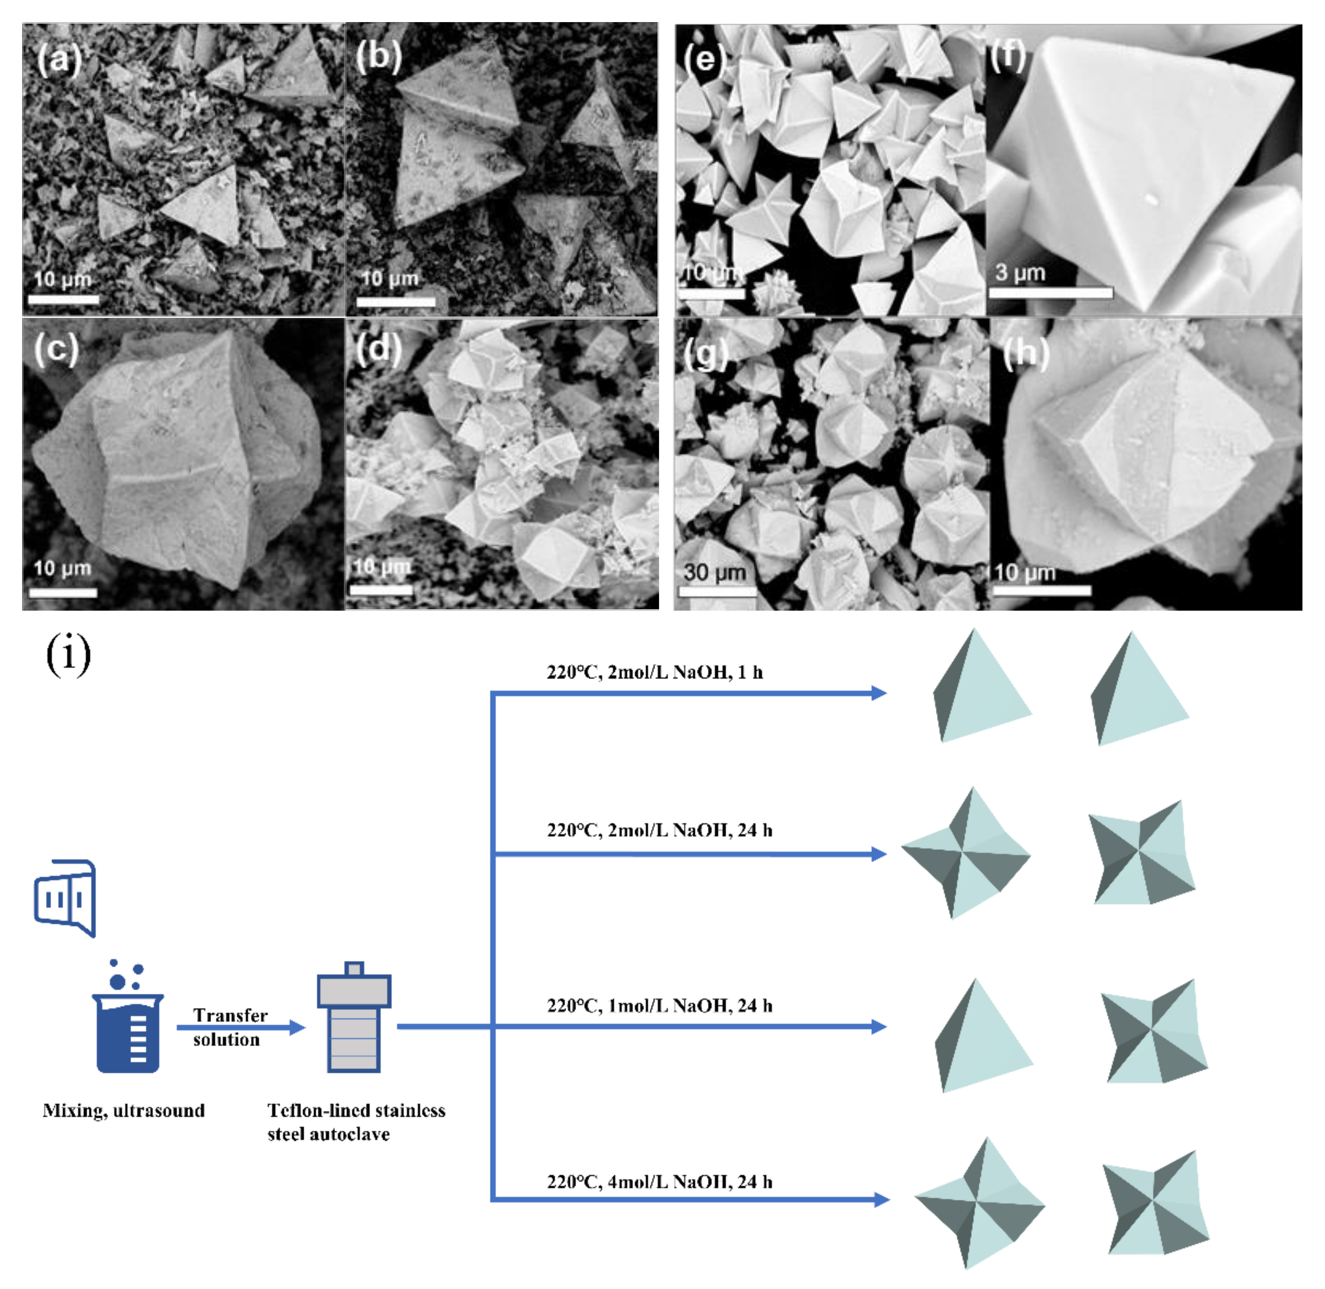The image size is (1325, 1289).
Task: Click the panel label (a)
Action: coord(59,60)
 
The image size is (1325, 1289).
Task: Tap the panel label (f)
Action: coord(1007,55)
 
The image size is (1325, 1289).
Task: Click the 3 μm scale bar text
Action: coord(1020,273)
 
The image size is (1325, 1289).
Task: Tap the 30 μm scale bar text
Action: coord(714,573)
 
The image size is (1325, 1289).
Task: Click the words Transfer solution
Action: coord(229,1027)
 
